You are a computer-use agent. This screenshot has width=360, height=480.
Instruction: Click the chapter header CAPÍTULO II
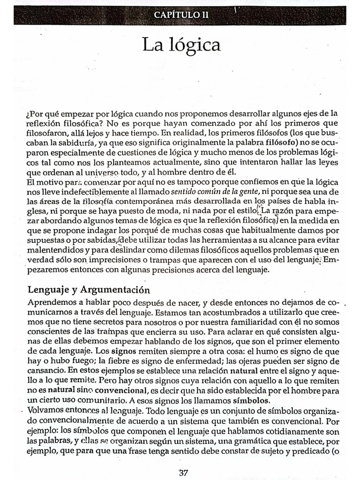pyautogui.click(x=181, y=15)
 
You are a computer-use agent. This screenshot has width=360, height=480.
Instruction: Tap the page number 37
pyautogui.click(x=183, y=472)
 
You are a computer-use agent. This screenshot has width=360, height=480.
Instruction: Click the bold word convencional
pyautogui.click(x=120, y=390)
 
